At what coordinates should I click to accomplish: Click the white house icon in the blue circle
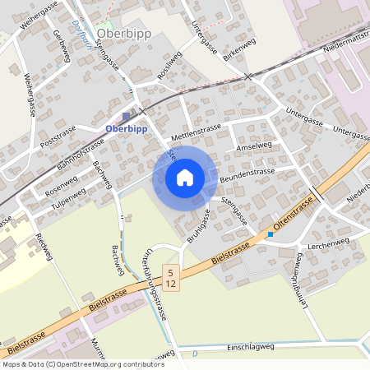point(185,177)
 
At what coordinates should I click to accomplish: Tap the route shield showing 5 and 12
point(170,277)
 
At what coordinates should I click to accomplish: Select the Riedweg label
point(44,247)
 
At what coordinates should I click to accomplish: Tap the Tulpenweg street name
point(68,199)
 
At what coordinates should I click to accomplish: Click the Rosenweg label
point(61,185)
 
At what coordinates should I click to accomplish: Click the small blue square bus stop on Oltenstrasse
point(270,234)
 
